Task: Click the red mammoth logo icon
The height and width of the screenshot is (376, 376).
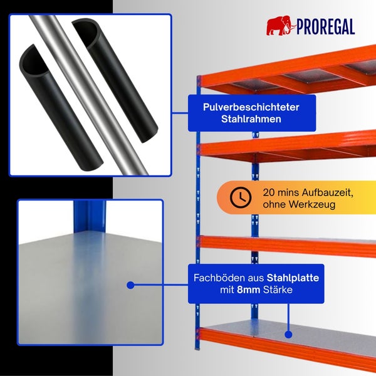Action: tap(281, 26)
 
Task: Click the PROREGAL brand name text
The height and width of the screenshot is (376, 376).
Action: tap(326, 27)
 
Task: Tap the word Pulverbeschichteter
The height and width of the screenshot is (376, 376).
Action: tap(251, 107)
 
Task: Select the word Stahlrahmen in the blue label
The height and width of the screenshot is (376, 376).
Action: tap(251, 119)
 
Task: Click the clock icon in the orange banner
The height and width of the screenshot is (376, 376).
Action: tap(241, 197)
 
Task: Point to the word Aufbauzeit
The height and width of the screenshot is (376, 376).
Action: tap(327, 192)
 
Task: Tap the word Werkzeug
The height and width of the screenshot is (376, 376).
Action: tap(312, 204)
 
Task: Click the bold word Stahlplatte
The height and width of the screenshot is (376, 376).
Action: tap(293, 278)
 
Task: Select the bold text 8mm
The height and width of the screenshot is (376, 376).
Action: tap(248, 290)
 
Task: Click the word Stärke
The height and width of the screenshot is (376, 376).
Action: tap(278, 290)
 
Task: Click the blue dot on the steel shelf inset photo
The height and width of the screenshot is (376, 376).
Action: tap(130, 285)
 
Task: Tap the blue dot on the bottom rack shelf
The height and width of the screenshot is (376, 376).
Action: tap(288, 335)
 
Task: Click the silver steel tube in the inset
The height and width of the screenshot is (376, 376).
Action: tap(89, 95)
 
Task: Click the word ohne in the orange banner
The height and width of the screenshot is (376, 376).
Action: tap(274, 204)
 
